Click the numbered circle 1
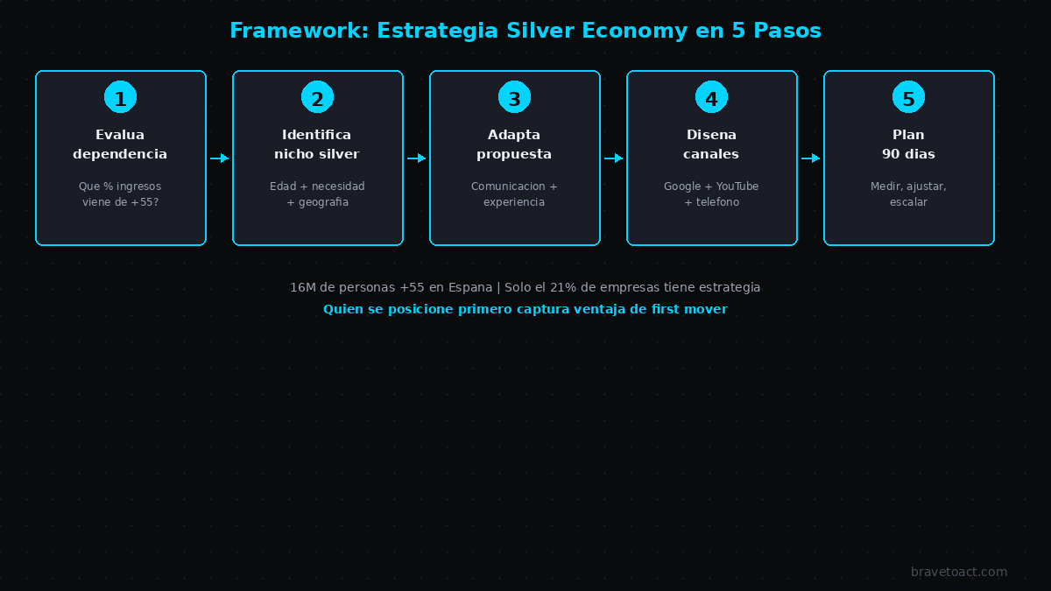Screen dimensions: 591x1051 tap(120, 97)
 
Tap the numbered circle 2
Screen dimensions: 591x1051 tap(317, 97)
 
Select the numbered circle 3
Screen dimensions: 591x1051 tap(514, 97)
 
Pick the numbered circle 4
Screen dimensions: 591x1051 tap(711, 97)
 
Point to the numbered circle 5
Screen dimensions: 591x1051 tap(908, 97)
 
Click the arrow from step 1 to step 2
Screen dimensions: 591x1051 tap(219, 158)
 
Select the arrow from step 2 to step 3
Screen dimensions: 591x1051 tap(416, 158)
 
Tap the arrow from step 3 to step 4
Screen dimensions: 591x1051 tap(613, 158)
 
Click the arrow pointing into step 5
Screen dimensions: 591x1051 tap(810, 158)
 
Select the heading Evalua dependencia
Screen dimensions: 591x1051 tap(120, 144)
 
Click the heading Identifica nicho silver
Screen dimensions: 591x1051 tap(317, 144)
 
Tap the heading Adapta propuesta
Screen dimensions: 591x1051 tap(514, 144)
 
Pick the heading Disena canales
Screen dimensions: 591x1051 tap(711, 144)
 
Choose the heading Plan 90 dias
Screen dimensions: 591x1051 tap(908, 144)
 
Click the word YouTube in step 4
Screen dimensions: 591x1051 tap(737, 186)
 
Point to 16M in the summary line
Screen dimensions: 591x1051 tap(302, 287)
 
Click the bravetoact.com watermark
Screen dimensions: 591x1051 tap(959, 573)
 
